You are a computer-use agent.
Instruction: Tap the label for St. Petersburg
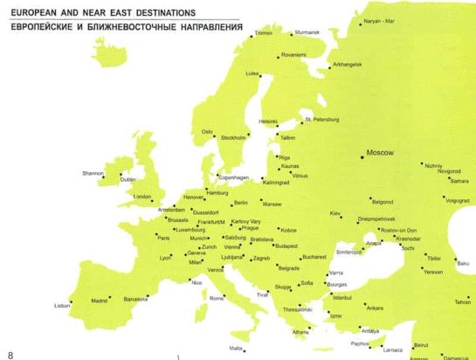[x=321, y=119]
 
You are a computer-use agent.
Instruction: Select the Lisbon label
[x=61, y=306]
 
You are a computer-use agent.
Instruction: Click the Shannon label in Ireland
[x=93, y=173]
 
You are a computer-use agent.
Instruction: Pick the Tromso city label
[x=263, y=33]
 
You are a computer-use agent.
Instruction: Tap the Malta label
[x=235, y=349]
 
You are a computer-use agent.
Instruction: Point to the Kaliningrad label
[x=275, y=183]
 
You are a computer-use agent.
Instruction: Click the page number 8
[x=10, y=353]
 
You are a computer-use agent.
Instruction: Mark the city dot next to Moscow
[x=362, y=156]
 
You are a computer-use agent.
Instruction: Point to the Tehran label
[x=462, y=302]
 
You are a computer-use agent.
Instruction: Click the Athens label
[x=300, y=332]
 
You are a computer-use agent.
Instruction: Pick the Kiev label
[x=335, y=213]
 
